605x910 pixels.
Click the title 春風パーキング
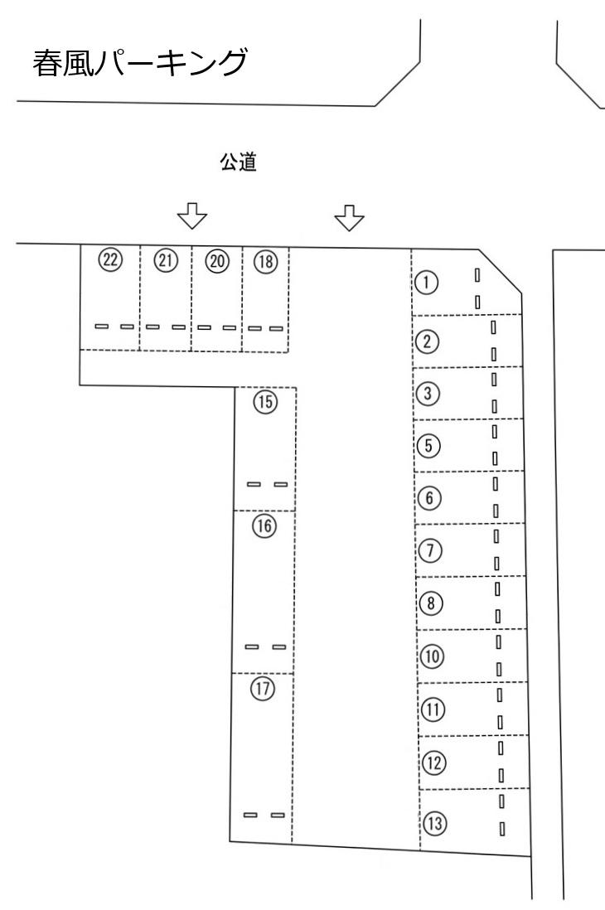coord(140,63)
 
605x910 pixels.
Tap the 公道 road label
coord(239,162)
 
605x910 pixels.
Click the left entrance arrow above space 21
coord(192,215)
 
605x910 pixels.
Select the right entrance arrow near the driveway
coord(349,218)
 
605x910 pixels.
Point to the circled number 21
coord(166,260)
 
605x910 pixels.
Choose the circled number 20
coord(217,261)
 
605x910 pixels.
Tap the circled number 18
coord(266,262)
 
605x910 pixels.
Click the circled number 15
coord(265,402)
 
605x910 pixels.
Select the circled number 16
coord(264,525)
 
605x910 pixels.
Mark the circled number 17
coord(263,689)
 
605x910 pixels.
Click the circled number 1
coord(427,283)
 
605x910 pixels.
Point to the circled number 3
coord(428,394)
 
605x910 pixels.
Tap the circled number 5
coord(428,446)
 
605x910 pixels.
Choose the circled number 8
coord(430,603)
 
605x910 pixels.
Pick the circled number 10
coord(432,656)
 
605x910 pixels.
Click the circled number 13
coord(434,823)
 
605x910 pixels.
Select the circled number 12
coord(433,762)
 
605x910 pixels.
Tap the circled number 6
coord(429,498)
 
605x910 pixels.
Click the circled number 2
coord(428,341)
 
